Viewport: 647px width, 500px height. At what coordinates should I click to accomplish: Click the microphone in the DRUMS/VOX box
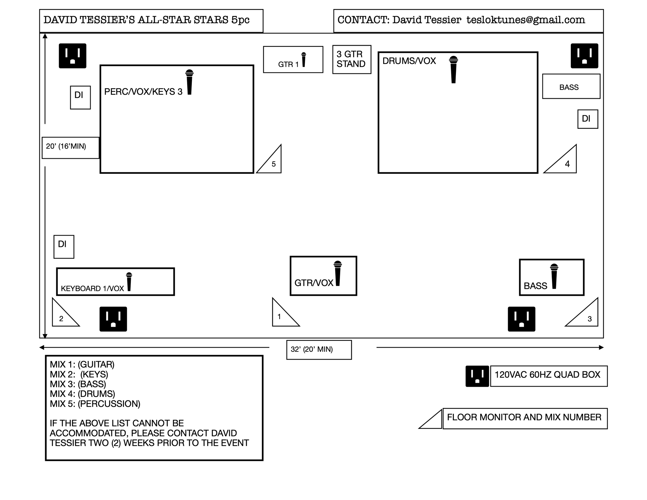tap(454, 69)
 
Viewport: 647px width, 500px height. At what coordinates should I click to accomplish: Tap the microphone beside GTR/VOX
tap(338, 273)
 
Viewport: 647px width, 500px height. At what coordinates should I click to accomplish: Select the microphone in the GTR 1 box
tap(304, 60)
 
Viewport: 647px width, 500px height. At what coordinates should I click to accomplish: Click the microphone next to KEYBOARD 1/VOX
tap(129, 282)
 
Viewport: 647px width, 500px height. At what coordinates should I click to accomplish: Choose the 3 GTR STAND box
tap(351, 59)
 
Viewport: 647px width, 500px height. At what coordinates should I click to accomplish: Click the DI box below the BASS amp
tap(587, 119)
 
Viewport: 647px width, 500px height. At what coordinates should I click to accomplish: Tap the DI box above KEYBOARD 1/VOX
tap(64, 247)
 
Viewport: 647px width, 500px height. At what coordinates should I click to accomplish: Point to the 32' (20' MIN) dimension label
tap(319, 349)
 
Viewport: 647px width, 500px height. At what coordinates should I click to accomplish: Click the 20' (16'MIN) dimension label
tap(70, 147)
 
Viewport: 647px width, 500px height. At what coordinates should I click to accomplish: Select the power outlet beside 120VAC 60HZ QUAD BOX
tap(477, 376)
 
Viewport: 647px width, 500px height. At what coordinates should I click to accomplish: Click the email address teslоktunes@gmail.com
tap(526, 20)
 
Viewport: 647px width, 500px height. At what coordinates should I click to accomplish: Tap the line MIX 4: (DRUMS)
tap(83, 394)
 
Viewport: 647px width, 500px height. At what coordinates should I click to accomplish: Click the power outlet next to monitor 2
tap(113, 319)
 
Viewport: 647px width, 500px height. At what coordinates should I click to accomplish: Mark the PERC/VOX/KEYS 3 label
tap(143, 92)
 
